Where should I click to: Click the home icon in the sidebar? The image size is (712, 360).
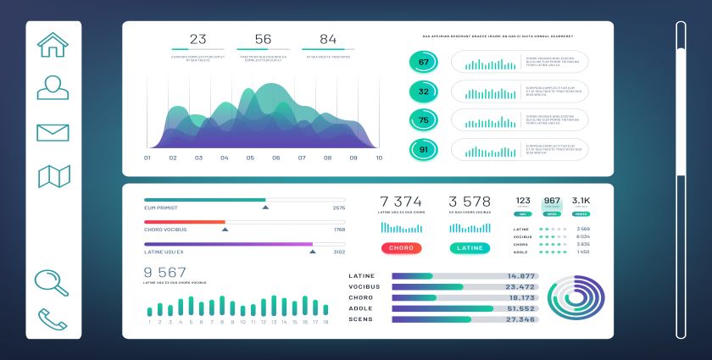click(x=53, y=45)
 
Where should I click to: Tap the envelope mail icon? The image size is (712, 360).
click(x=53, y=132)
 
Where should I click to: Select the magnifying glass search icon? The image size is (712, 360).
click(x=52, y=282)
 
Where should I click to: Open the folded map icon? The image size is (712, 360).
click(x=53, y=176)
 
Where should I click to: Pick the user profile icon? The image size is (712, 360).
click(x=53, y=87)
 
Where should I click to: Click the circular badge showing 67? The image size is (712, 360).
click(x=424, y=62)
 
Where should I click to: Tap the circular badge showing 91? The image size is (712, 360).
click(x=424, y=150)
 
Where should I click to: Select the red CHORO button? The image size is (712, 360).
click(x=402, y=248)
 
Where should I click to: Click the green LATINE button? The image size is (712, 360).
click(x=470, y=248)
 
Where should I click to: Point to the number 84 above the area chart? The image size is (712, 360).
click(x=328, y=39)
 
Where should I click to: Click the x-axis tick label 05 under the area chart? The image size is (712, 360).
click(x=250, y=158)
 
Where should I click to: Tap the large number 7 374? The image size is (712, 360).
click(x=401, y=202)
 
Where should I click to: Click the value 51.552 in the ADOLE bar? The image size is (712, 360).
click(x=521, y=308)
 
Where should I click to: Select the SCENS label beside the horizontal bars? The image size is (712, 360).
click(x=360, y=319)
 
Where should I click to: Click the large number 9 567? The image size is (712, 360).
click(x=164, y=272)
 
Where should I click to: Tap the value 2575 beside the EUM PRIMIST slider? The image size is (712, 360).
click(x=339, y=208)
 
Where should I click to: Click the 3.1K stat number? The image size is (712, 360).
click(x=581, y=201)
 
